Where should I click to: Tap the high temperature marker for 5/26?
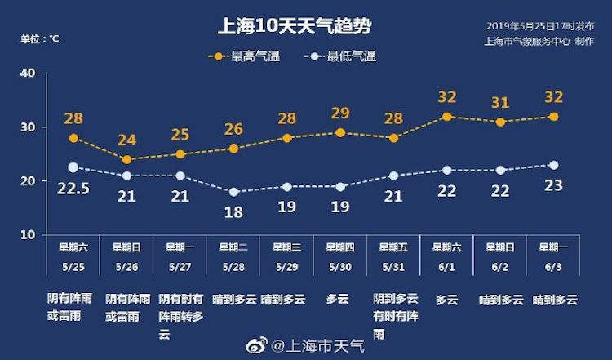pyautogui.click(x=126, y=159)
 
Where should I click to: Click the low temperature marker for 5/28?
pyautogui.click(x=234, y=192)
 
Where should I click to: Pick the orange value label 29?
pyautogui.click(x=340, y=113)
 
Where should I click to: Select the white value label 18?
pyautogui.click(x=234, y=212)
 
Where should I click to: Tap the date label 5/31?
pyautogui.click(x=393, y=265)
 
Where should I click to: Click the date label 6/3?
pyautogui.click(x=554, y=265)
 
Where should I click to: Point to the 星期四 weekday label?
pyautogui.click(x=340, y=247)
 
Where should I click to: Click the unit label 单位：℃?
pyautogui.click(x=40, y=38)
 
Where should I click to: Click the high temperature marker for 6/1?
pyautogui.click(x=447, y=117)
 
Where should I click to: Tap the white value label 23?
pyautogui.click(x=554, y=185)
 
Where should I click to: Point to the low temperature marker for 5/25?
pyautogui.click(x=73, y=167)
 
